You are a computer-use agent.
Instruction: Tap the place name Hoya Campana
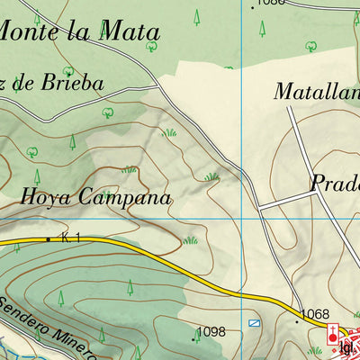click(94, 195)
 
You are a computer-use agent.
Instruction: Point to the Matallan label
click(316, 91)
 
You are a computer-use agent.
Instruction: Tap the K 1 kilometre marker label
click(71, 237)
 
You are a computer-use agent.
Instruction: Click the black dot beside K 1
click(48, 238)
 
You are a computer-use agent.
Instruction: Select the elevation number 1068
click(315, 314)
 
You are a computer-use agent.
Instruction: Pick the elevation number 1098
click(211, 332)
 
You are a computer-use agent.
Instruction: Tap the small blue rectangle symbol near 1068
click(255, 321)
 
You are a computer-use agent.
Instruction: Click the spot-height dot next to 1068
click(297, 319)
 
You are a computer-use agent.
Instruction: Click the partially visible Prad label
click(335, 183)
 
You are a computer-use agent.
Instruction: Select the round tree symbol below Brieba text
click(107, 112)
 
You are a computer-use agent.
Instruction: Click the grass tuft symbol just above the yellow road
click(190, 240)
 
